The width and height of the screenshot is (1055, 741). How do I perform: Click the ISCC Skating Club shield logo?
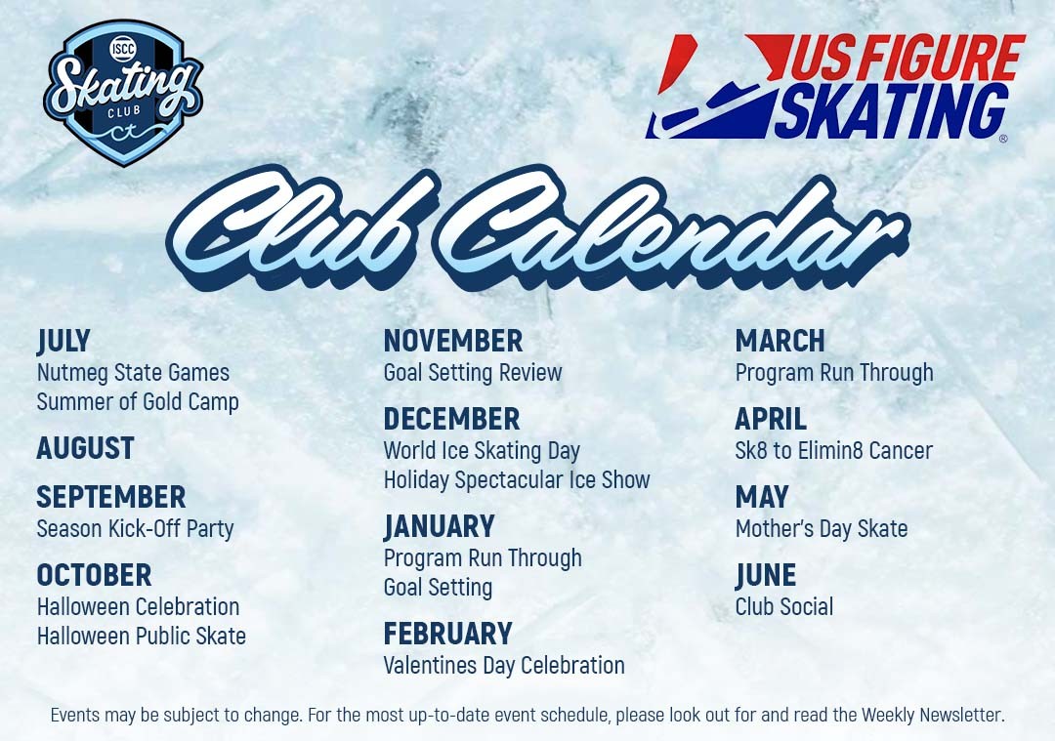(x=123, y=92)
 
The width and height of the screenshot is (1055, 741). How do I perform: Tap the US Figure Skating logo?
(x=835, y=88)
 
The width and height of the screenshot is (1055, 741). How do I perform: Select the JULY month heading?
(x=63, y=341)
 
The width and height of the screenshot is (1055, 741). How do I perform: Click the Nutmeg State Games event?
(x=133, y=373)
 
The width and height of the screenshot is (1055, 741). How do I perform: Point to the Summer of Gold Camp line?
(x=138, y=402)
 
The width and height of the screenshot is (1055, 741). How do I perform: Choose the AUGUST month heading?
(x=85, y=448)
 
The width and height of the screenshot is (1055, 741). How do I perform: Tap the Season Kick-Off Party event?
(x=135, y=529)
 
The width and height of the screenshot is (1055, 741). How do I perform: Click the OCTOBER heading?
(x=94, y=576)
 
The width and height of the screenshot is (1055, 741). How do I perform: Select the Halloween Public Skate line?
(x=142, y=637)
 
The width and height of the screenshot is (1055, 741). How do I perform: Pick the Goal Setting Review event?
(x=473, y=373)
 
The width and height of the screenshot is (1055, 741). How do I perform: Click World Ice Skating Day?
(x=482, y=451)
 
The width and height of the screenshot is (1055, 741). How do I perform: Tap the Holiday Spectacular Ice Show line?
(x=517, y=480)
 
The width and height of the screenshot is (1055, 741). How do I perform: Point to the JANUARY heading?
(x=440, y=526)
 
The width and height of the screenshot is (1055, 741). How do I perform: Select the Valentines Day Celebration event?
(x=504, y=666)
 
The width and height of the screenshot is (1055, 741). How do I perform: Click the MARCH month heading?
(x=780, y=341)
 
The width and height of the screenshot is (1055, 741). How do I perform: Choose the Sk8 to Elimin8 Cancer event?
(x=834, y=450)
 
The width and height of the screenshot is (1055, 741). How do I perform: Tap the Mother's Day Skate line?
(x=822, y=529)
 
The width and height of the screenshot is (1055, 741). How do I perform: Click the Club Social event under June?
(x=784, y=606)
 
